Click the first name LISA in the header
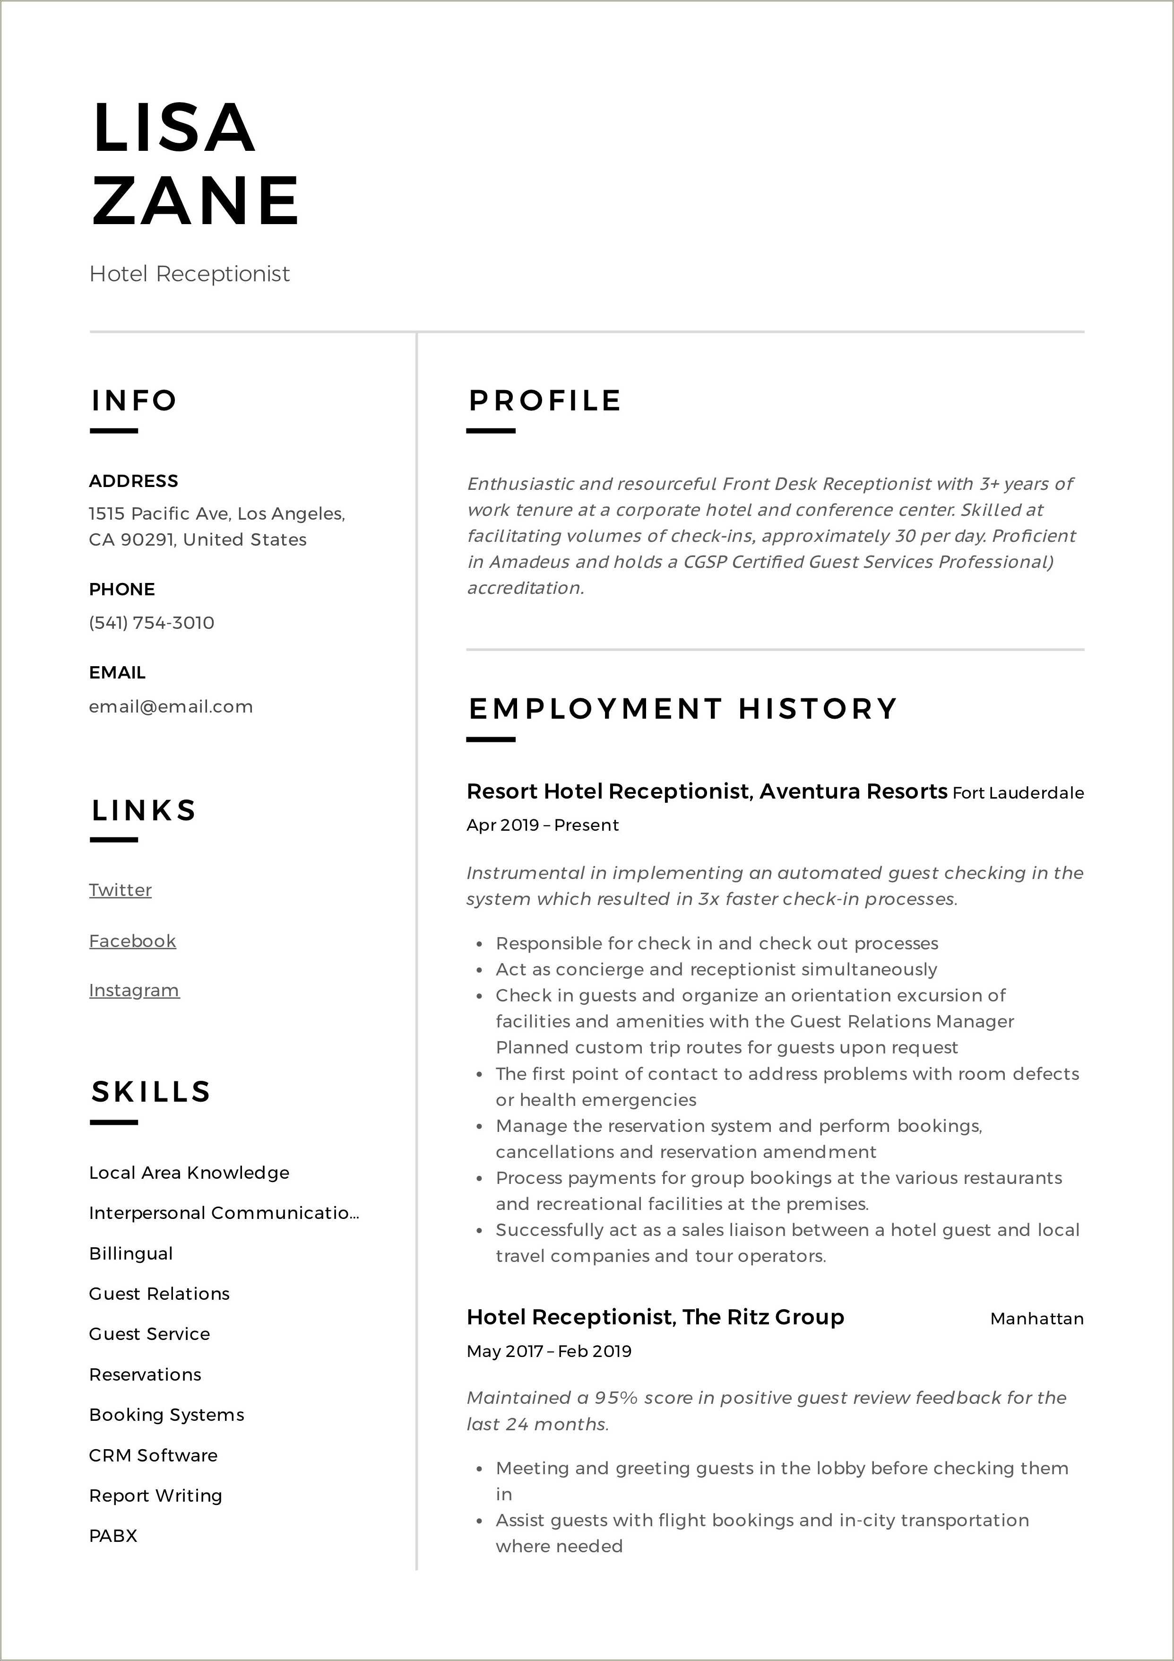173,129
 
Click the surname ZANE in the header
195,200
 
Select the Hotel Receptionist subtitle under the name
190,274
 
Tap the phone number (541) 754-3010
152,623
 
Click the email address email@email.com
171,707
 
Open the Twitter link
120,890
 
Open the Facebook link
132,941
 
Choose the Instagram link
134,991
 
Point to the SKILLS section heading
150,1092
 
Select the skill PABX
113,1536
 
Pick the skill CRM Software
153,1455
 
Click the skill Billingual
131,1254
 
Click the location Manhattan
1036,1319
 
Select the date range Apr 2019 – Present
543,826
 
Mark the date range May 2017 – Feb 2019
549,1351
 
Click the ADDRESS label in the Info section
133,481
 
